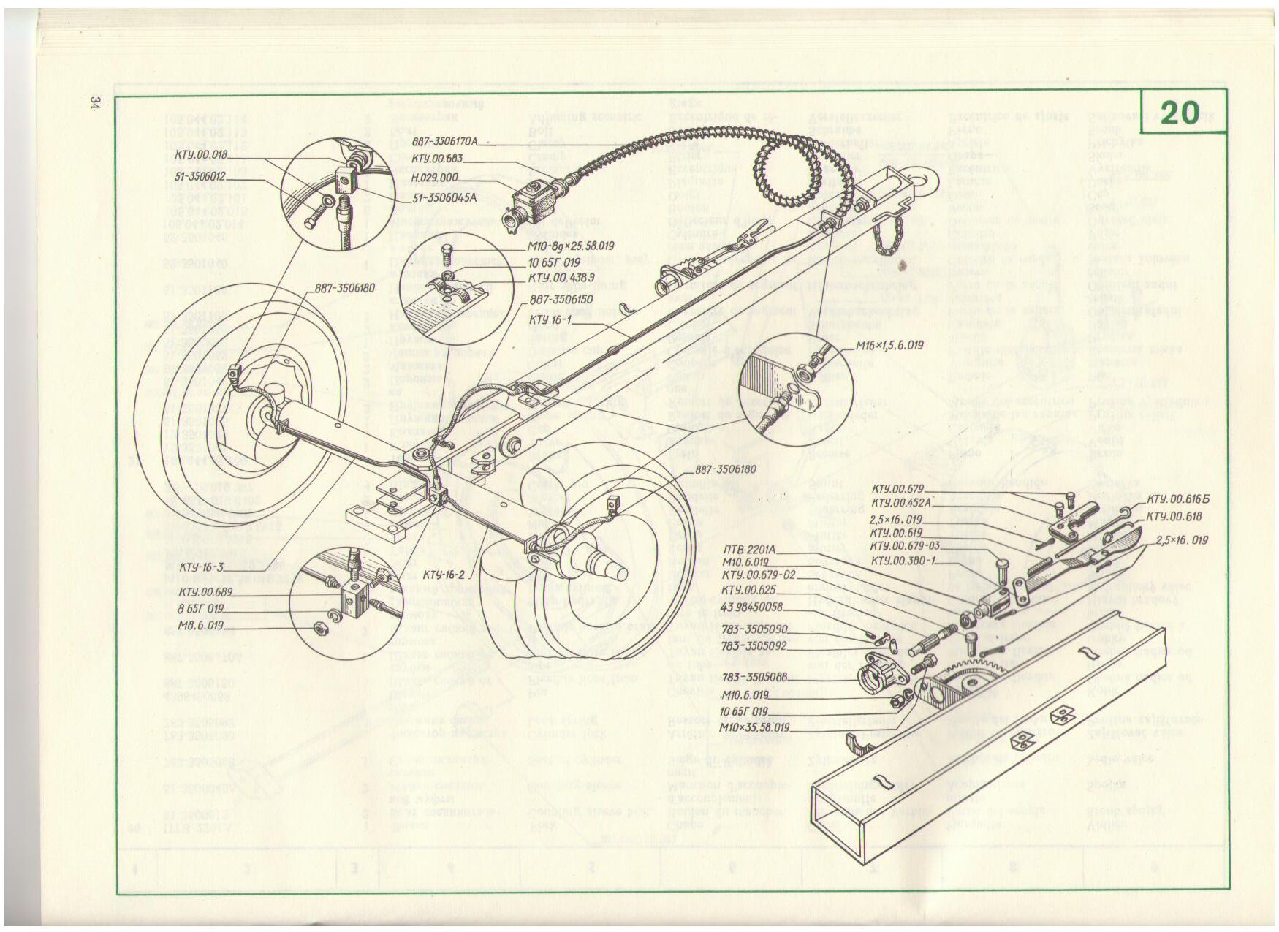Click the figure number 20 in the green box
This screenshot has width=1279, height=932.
tap(1179, 113)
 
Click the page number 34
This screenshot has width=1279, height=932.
tap(94, 103)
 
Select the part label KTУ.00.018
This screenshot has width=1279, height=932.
tap(200, 155)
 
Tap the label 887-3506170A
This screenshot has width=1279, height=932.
tap(444, 142)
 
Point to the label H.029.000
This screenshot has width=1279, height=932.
tap(434, 178)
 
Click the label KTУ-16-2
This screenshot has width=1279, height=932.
tap(444, 574)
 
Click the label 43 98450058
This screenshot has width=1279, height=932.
tap(752, 607)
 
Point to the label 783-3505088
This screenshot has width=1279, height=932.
tap(758, 677)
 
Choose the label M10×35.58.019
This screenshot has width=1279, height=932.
tap(754, 728)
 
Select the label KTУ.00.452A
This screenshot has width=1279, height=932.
tap(900, 503)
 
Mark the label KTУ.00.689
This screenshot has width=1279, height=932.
tap(205, 591)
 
